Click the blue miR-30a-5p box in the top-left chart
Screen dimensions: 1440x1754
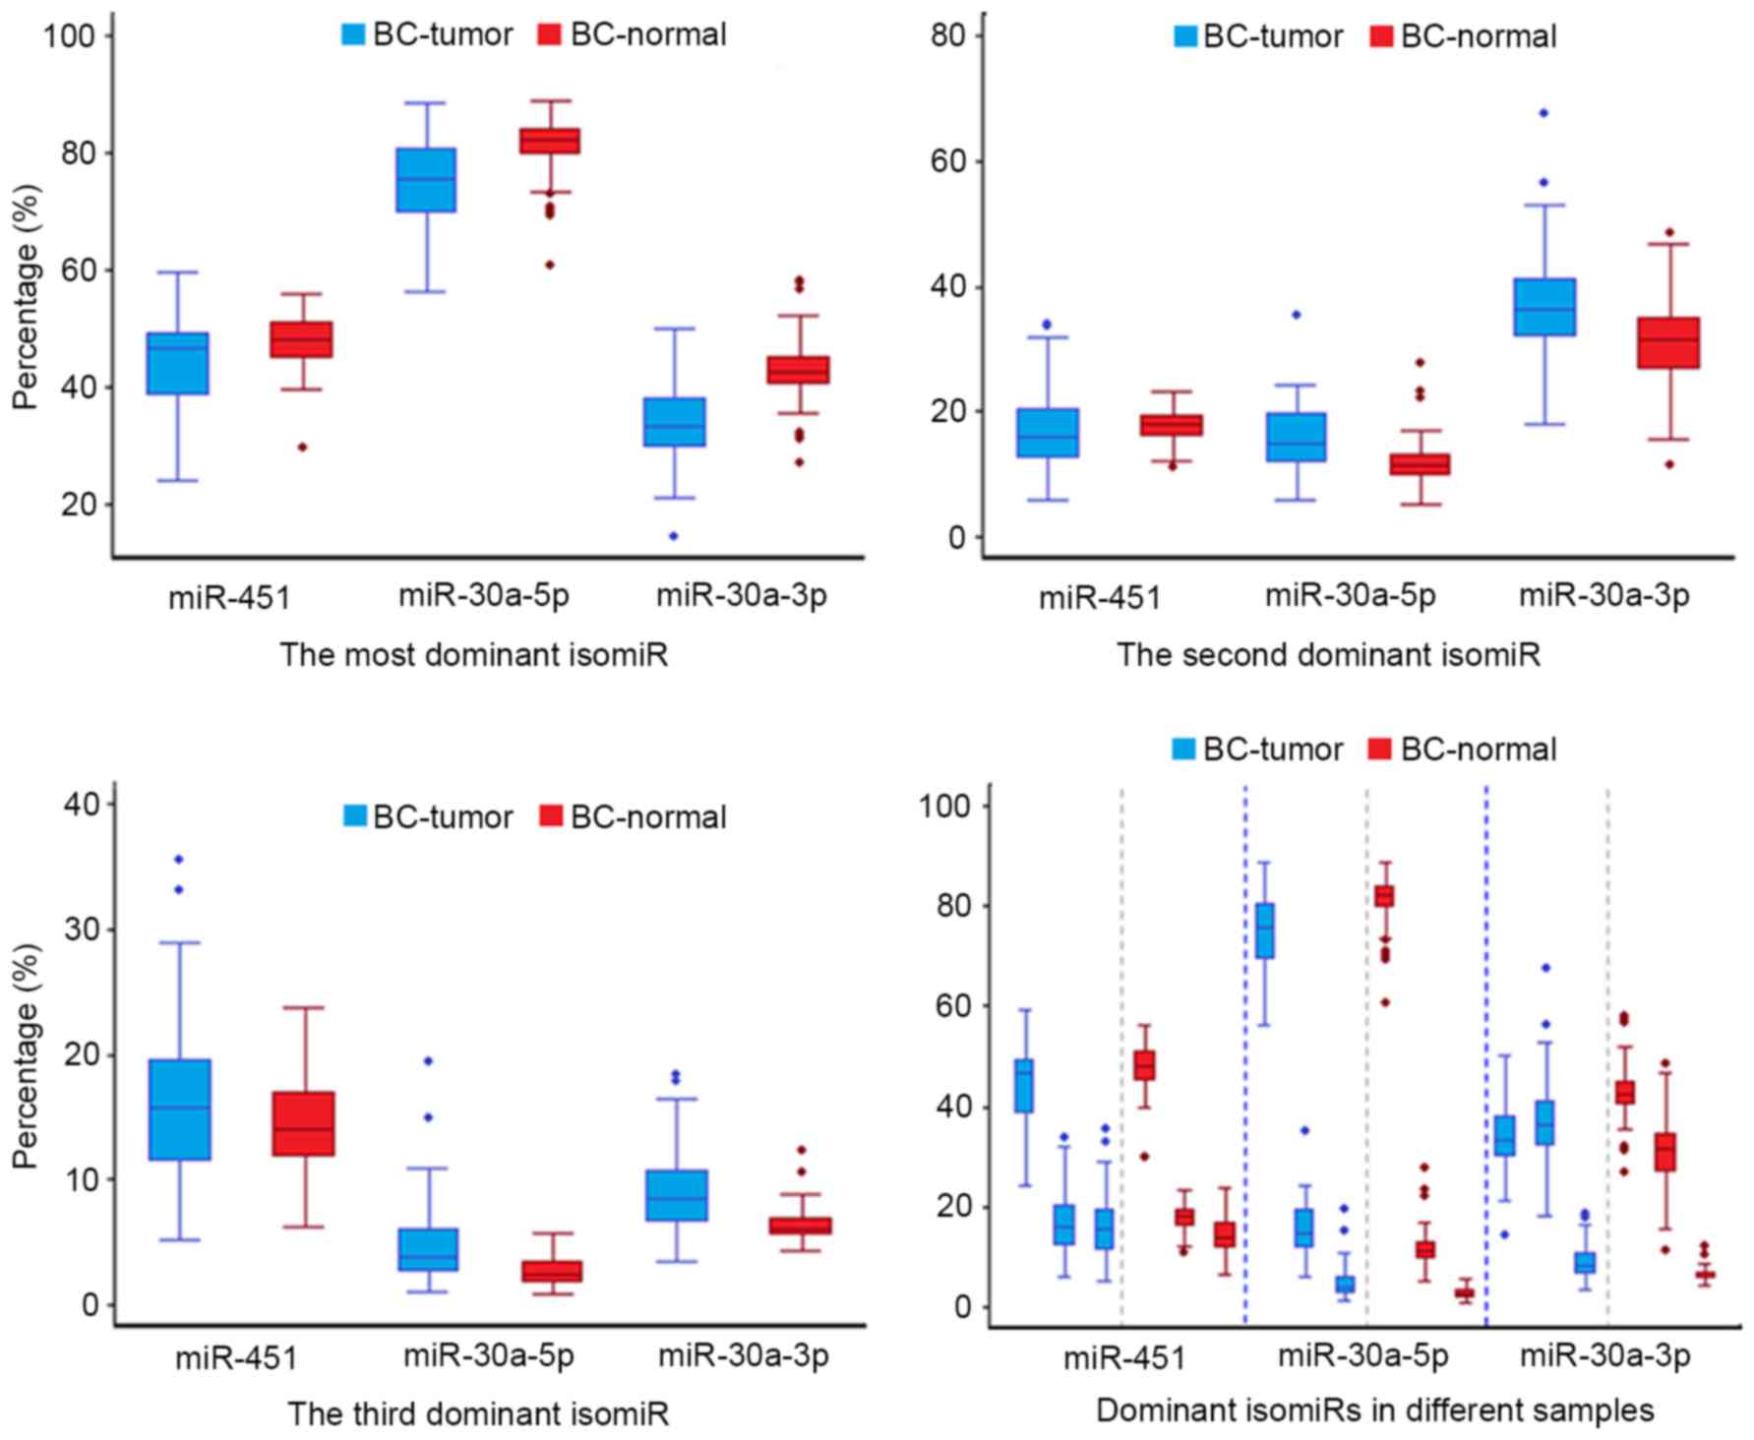point(426,180)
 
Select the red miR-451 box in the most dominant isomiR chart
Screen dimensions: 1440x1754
point(302,339)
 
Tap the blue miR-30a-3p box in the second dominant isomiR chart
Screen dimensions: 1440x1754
point(1544,307)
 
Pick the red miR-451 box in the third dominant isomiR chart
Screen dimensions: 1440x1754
point(303,1123)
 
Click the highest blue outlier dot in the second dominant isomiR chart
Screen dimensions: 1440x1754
point(1543,113)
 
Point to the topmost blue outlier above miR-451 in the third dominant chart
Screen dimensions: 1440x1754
point(179,860)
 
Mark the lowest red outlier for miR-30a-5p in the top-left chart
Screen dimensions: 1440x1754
point(550,265)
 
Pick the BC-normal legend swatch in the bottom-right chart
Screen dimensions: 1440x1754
point(1380,750)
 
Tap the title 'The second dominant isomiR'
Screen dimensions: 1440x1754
point(1327,654)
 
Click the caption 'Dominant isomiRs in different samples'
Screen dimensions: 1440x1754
point(1374,1411)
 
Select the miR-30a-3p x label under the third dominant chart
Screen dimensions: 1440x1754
point(744,1356)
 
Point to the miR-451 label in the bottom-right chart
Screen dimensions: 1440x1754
point(1124,1358)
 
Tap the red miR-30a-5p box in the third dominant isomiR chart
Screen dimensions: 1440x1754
point(551,1271)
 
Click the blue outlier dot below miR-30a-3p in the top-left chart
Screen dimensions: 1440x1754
point(674,536)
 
